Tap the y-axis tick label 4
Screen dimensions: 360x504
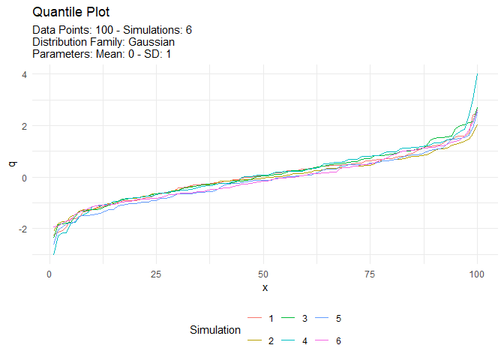point(24,75)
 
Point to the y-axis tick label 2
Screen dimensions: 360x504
point(24,126)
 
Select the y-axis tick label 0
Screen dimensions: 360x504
point(24,178)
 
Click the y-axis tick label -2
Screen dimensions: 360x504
point(22,229)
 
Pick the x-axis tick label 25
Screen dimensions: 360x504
point(156,273)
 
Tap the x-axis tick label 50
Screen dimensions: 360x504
point(263,273)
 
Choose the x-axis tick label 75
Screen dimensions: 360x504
point(370,273)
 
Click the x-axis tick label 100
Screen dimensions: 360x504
point(477,273)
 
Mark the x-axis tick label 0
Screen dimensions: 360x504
point(49,273)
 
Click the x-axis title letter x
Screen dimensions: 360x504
point(263,288)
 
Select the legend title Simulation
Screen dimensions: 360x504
point(215,330)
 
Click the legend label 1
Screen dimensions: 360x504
point(271,319)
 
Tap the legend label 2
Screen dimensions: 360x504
point(271,341)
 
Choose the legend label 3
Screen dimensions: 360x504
point(304,319)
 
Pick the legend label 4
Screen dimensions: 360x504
point(304,341)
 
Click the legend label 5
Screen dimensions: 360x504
point(338,319)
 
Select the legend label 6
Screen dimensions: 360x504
point(338,341)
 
